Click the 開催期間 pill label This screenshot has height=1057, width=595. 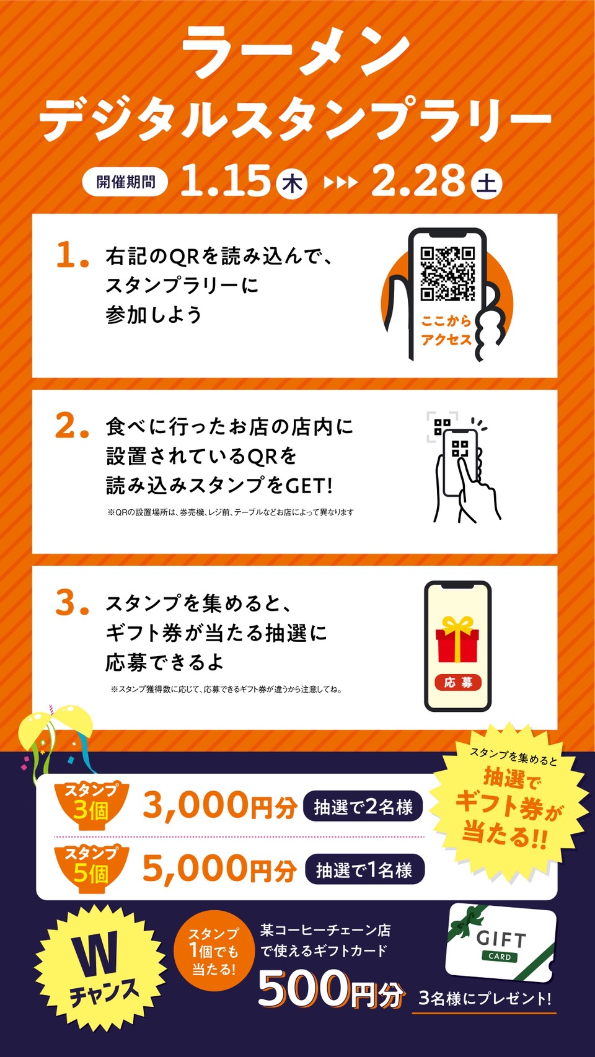(125, 182)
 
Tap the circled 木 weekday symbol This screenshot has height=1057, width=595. (292, 184)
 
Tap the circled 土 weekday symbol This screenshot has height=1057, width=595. (487, 183)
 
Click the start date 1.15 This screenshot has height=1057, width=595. (225, 180)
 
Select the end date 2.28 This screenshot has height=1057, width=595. (418, 180)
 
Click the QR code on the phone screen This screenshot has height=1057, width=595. (447, 274)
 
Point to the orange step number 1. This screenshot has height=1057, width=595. (73, 255)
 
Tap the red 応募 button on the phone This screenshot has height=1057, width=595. (457, 682)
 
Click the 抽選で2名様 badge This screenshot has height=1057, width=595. (363, 807)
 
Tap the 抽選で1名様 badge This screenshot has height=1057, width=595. (364, 869)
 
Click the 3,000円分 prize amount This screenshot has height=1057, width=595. (219, 805)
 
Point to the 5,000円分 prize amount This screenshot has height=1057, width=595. (219, 869)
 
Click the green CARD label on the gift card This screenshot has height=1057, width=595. (500, 957)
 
